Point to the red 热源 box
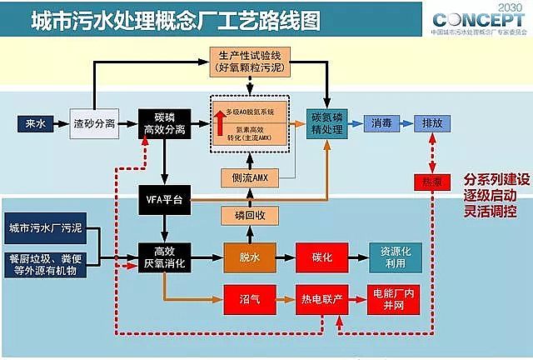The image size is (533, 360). tap(431, 181)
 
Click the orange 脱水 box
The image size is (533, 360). tap(248, 257)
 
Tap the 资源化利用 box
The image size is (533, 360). tap(398, 257)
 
